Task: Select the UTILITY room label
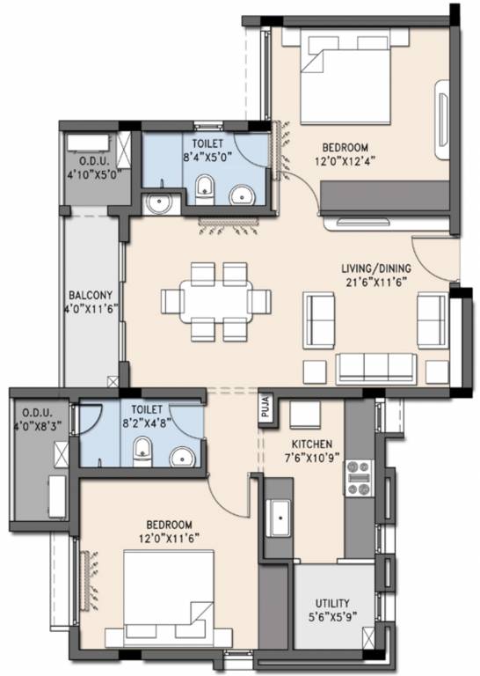336,603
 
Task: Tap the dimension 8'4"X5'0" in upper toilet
203,156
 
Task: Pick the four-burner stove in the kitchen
359,478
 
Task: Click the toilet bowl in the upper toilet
204,187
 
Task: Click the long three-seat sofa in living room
377,365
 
